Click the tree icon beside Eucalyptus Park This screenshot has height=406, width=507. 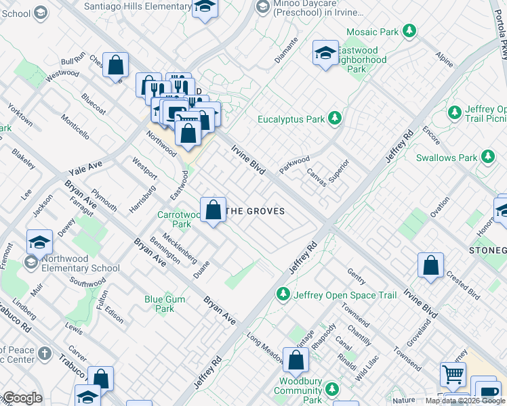(333, 119)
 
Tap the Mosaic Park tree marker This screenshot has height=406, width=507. (409, 31)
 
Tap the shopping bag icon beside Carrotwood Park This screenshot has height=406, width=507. (213, 210)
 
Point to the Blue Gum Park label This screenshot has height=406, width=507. (160, 304)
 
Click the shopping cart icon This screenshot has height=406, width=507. (452, 373)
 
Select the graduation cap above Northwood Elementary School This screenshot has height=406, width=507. (40, 242)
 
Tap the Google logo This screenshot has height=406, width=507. (22, 398)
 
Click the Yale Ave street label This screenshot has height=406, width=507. (85, 165)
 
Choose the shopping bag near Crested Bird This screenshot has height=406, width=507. (430, 266)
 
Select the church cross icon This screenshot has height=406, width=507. (44, 353)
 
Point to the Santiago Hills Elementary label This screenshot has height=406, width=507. (137, 7)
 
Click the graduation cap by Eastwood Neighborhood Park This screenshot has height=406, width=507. (325, 53)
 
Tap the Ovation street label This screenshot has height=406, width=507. (439, 203)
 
